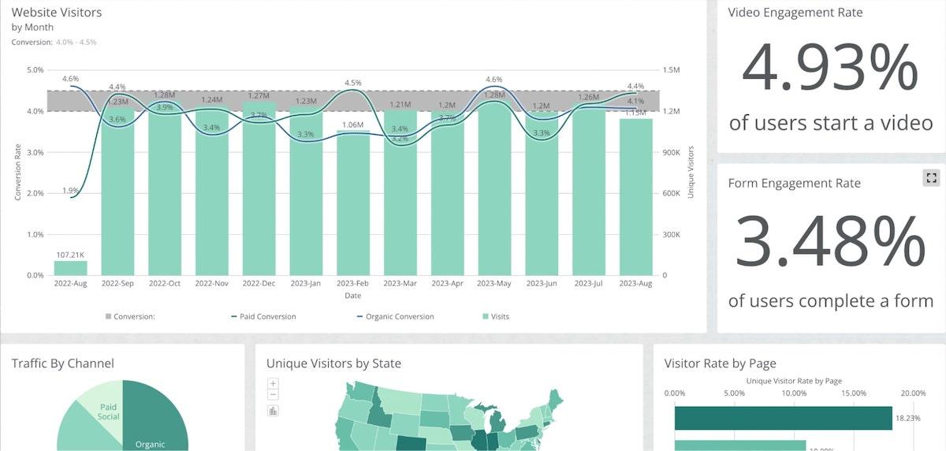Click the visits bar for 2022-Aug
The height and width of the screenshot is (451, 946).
coord(70,267)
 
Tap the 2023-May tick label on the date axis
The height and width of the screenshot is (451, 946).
coord(493,283)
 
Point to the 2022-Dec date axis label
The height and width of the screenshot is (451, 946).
coord(259,283)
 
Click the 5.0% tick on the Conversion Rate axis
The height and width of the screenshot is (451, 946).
coord(35,70)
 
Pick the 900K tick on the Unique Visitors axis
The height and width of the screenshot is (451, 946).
coord(672,152)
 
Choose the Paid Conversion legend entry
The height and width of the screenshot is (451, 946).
coord(263,317)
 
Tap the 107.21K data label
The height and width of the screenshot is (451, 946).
coord(70,255)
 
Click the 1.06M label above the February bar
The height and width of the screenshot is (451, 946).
coord(353,125)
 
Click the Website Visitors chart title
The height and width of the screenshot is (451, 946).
coord(57,13)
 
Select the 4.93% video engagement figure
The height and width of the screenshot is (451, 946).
coord(830,69)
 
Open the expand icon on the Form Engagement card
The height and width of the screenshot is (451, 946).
coord(931,178)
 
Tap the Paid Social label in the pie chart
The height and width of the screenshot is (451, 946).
coord(109,412)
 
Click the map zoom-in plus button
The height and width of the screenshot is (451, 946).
coord(274,384)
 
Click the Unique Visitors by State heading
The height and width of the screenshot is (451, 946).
coord(333,363)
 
